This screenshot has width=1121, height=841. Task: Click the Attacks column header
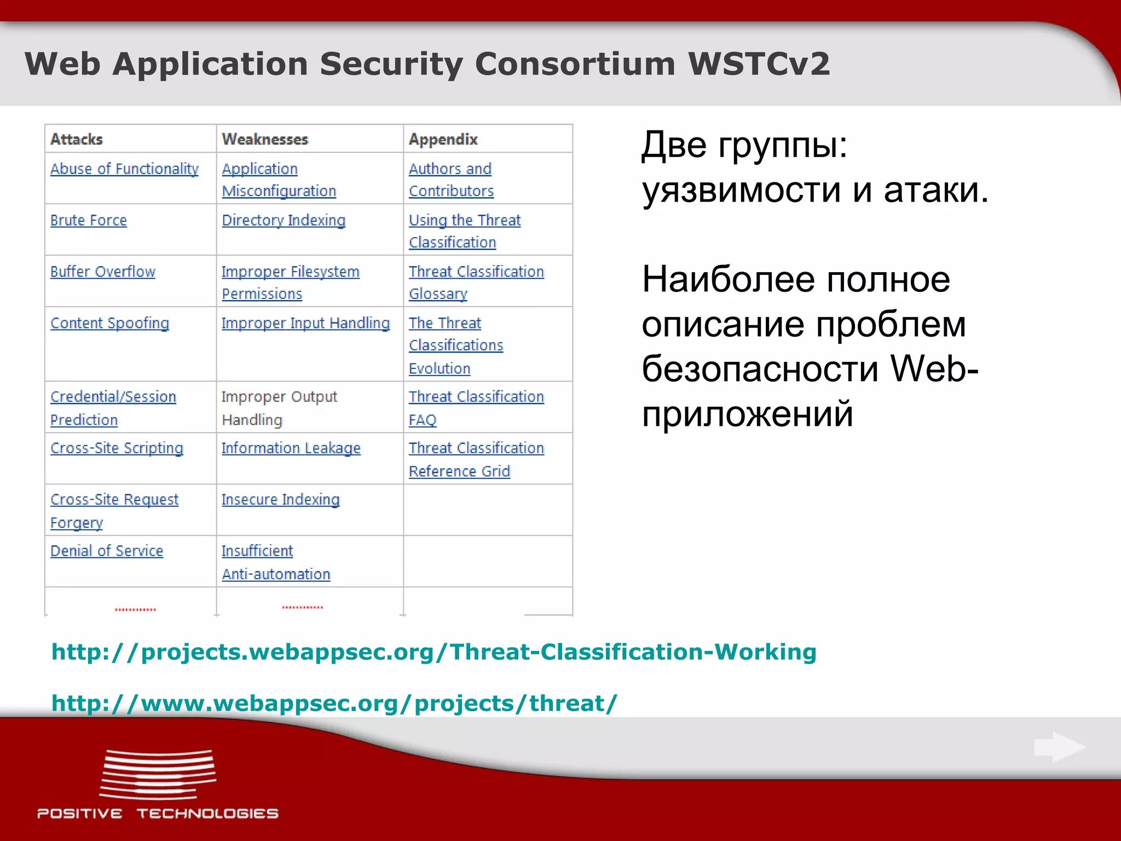point(77,139)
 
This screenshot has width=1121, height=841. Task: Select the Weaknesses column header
point(265,139)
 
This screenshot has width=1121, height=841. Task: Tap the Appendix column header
point(443,139)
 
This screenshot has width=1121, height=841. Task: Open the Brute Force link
point(88,220)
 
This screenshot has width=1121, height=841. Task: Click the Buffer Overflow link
point(103,272)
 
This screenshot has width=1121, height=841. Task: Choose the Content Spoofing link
point(109,323)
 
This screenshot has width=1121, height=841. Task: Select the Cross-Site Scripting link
point(117,448)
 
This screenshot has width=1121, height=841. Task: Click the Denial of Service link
point(107,551)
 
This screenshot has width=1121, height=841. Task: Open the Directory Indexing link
point(284,220)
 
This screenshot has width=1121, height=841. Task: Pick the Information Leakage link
point(291,448)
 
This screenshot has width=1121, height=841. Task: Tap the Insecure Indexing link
point(280,499)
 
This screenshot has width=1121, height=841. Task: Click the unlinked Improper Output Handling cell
point(279,408)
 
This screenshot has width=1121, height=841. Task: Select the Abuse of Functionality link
point(124,169)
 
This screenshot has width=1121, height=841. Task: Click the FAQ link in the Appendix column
point(422,420)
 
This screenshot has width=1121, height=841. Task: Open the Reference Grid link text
point(459,471)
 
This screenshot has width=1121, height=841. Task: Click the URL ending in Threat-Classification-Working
point(434,652)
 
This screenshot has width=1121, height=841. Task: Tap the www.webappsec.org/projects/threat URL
point(334,703)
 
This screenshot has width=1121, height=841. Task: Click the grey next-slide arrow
point(1059,747)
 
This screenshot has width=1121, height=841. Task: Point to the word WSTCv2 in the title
point(759,64)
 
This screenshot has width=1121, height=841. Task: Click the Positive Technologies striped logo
point(158,774)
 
